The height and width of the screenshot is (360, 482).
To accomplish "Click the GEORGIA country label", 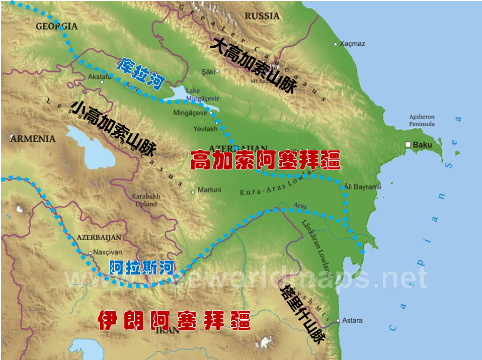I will (x=56, y=26).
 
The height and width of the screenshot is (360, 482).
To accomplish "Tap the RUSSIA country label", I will (x=262, y=16).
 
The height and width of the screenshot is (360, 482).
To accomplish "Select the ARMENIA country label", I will (x=33, y=138).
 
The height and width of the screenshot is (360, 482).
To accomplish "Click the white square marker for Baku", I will (x=408, y=145).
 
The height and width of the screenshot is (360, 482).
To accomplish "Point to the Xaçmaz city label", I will (x=352, y=44).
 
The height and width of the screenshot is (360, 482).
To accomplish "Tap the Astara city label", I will (x=352, y=320).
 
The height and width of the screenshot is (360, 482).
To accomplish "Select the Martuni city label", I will (x=209, y=190).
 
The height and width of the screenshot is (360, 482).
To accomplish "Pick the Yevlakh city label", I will (x=205, y=129).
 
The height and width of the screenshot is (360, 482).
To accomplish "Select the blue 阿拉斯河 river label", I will (x=142, y=267).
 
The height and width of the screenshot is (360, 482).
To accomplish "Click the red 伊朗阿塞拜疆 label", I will (x=174, y=320).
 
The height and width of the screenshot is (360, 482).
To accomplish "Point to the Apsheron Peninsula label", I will (x=422, y=120).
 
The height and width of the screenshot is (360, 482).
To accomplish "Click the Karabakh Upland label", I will (x=145, y=200).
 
